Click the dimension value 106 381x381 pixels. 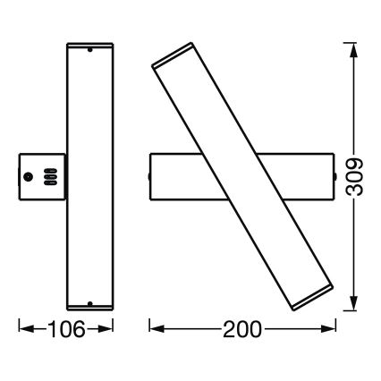click(66, 328)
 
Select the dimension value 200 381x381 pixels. click(242, 328)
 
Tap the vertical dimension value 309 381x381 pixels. click(354, 177)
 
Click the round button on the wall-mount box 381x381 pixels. click(28, 177)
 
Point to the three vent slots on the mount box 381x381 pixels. click(51, 177)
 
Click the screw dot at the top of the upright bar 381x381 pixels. click(89, 50)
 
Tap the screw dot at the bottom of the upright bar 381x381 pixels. click(89, 304)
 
